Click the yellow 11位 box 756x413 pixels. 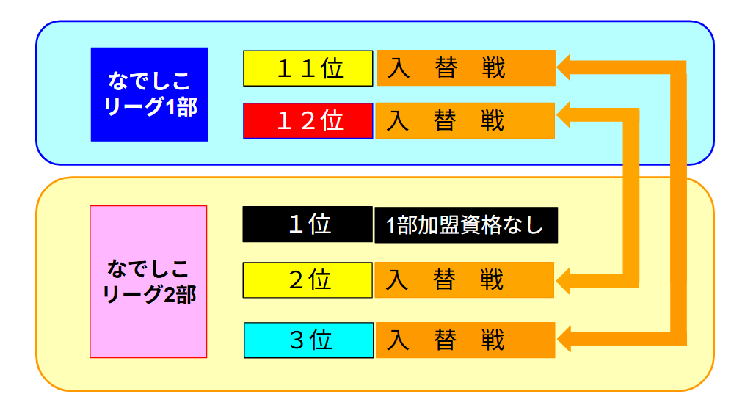click(308, 68)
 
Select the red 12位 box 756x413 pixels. click(308, 120)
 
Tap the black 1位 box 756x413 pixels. click(308, 224)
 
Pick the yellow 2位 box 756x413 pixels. click(308, 280)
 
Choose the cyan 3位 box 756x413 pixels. click(308, 340)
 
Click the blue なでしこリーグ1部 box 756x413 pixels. click(150, 95)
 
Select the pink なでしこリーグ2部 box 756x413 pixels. click(148, 282)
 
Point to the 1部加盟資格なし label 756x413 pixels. click(466, 225)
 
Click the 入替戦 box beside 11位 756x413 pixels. click(466, 68)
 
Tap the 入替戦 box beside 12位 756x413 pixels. click(465, 120)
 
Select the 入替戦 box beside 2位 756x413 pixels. click(465, 280)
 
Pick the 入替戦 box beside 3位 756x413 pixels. click(465, 340)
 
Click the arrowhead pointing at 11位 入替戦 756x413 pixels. click(564, 67)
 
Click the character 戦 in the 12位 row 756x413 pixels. click(493, 120)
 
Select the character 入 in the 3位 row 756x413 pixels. click(398, 340)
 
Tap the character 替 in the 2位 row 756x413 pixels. click(444, 280)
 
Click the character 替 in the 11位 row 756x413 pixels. click(446, 68)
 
